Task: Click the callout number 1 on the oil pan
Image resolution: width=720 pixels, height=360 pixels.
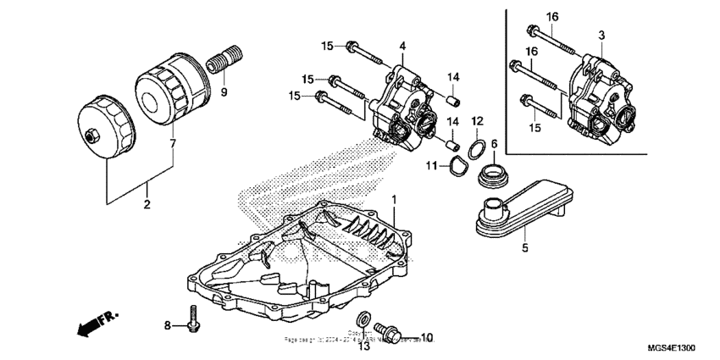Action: [x=393, y=199]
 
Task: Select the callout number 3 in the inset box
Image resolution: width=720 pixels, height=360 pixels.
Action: [x=601, y=35]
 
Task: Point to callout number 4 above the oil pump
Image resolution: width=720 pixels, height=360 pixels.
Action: [x=402, y=45]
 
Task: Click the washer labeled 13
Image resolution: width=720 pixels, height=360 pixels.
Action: [x=363, y=319]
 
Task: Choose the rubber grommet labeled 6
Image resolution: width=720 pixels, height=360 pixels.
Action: [x=492, y=177]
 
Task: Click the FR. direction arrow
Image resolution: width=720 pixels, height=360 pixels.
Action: [x=93, y=324]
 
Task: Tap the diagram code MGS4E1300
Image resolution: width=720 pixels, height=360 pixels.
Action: [x=672, y=348]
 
